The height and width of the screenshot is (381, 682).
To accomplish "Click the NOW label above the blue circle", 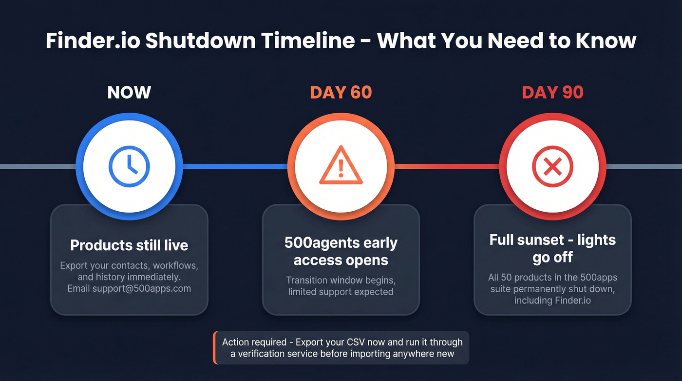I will [x=129, y=92].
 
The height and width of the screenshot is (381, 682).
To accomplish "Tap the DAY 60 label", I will [x=341, y=92].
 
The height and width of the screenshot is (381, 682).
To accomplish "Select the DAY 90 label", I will [x=552, y=92].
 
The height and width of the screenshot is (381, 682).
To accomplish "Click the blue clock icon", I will [x=129, y=167].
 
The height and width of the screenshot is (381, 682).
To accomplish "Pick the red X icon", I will [x=552, y=167].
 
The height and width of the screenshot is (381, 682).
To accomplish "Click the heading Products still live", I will [x=129, y=245].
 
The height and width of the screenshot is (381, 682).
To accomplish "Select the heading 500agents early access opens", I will [x=341, y=251].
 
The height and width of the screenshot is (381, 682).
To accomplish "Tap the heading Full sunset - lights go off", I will [x=552, y=248].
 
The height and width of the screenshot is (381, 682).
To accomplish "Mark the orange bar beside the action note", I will [x=214, y=348].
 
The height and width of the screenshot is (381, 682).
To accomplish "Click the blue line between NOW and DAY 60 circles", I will [x=234, y=167].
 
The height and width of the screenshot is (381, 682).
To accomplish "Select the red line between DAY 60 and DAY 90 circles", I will [x=446, y=167].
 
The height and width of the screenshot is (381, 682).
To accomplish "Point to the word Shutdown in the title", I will [x=200, y=40].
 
